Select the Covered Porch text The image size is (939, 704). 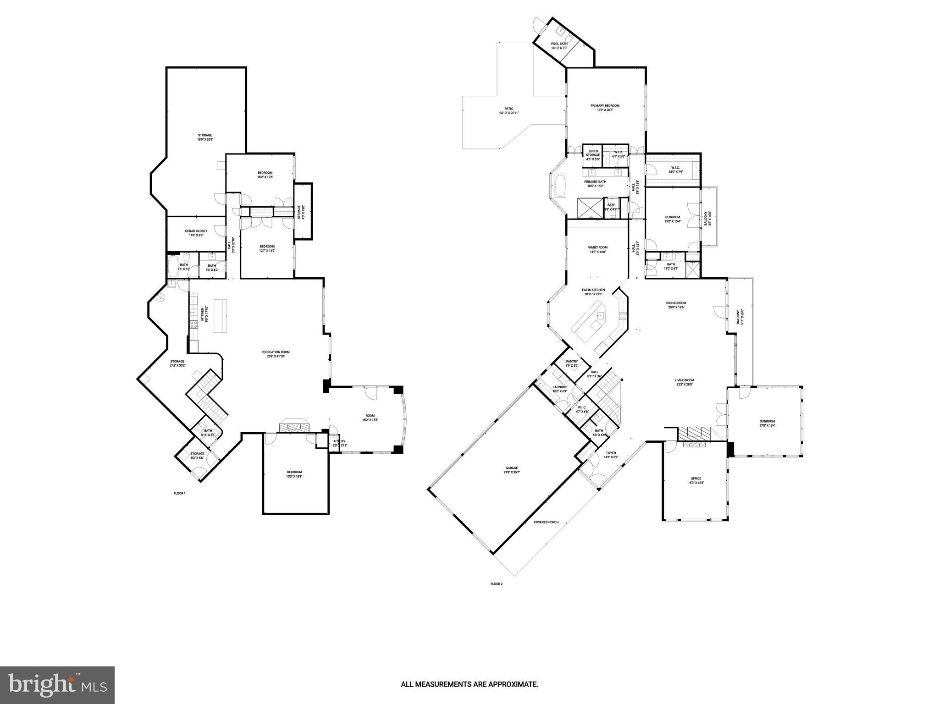[546, 522]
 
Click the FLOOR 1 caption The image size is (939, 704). [179, 494]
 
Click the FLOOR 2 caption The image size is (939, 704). [497, 584]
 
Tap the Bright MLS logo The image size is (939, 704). [57, 685]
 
